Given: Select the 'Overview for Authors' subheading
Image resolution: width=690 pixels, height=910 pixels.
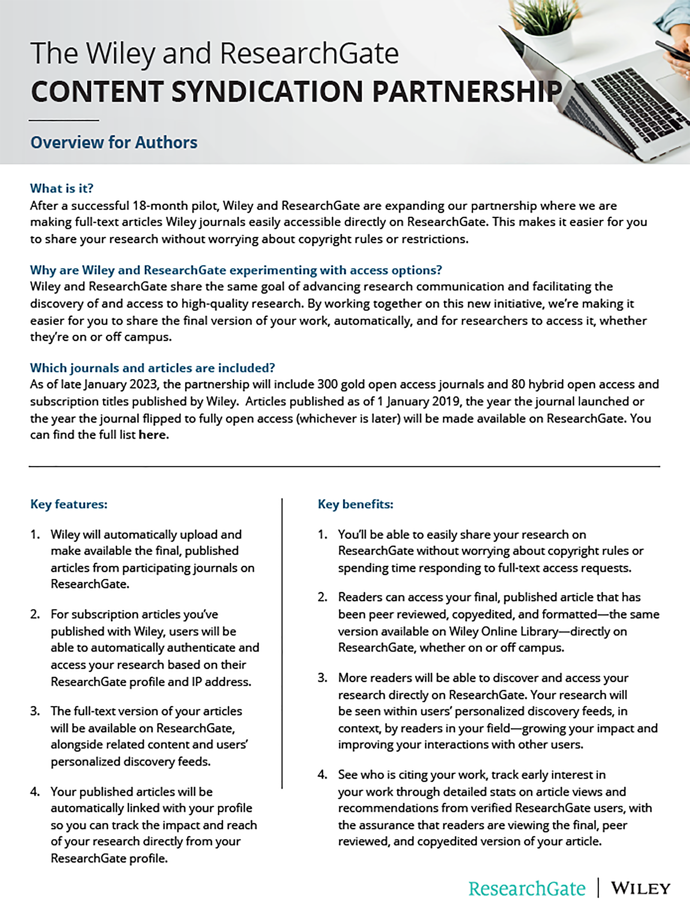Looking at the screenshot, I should [114, 142].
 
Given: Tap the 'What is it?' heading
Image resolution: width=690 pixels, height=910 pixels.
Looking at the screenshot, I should [62, 188].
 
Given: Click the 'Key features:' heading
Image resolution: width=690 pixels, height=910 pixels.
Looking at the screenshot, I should [69, 504].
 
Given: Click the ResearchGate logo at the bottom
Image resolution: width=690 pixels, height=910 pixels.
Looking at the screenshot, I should [527, 889].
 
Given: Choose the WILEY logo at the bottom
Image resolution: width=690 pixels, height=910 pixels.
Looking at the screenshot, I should [641, 889].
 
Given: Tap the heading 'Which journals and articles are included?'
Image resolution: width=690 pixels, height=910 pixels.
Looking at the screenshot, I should [152, 368].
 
